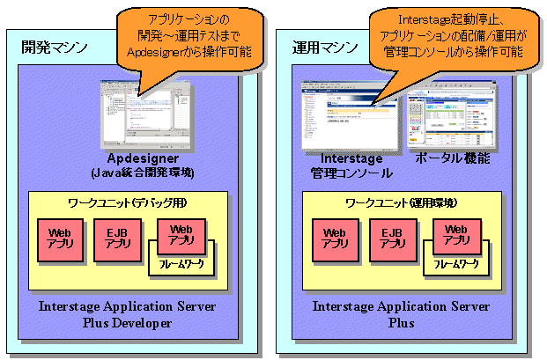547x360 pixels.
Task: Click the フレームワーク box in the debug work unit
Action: click(x=186, y=263)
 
